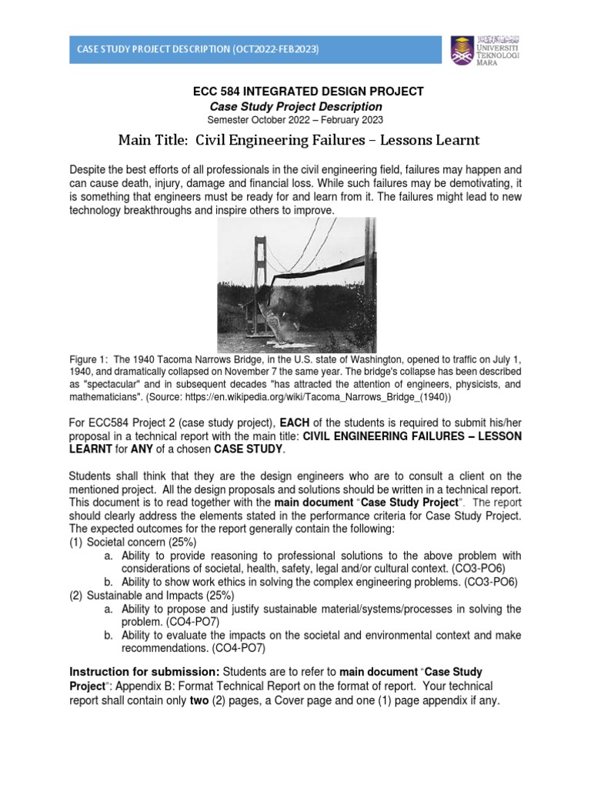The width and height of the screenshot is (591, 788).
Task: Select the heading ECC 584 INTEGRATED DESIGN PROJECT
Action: tap(308, 92)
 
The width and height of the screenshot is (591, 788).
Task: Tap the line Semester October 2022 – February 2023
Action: tap(295, 120)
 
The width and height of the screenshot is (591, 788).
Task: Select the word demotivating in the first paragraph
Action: tap(452, 183)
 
